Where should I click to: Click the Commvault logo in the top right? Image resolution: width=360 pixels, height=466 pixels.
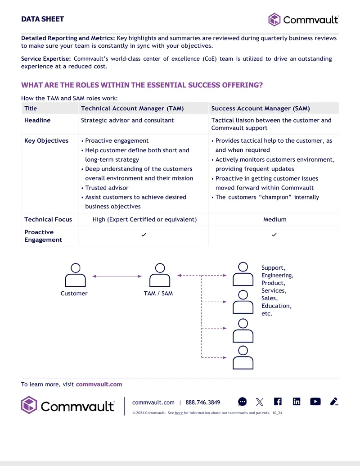(303, 20)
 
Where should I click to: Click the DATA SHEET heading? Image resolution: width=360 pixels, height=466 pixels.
(42, 19)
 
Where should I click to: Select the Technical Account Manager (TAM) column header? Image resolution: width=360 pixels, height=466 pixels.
(132, 109)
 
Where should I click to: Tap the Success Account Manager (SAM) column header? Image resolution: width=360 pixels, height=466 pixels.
(261, 109)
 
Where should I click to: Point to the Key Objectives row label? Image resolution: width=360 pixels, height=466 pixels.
(46, 140)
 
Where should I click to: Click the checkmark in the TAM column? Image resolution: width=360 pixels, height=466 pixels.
(144, 235)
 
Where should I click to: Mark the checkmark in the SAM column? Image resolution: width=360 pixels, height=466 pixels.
(274, 235)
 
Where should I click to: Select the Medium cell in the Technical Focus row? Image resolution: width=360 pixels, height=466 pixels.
(275, 219)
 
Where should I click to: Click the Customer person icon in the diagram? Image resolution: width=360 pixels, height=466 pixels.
(76, 275)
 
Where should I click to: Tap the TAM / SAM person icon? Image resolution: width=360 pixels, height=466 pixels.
(160, 275)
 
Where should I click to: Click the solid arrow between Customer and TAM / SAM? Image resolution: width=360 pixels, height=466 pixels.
(117, 276)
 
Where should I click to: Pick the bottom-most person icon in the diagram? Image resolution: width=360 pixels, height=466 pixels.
(243, 357)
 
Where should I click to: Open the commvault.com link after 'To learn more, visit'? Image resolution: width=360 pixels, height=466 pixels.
(99, 384)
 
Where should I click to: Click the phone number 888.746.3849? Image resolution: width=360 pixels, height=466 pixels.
(203, 403)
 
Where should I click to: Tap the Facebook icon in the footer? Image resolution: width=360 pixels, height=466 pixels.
(278, 402)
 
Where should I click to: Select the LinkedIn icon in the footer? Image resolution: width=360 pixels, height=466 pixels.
(297, 402)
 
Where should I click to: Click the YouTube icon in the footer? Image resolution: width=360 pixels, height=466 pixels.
(315, 402)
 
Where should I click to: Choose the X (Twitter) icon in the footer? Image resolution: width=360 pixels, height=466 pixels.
(260, 402)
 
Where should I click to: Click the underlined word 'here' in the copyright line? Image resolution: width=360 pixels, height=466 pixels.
(179, 413)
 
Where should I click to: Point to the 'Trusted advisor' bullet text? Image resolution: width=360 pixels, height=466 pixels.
(107, 188)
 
